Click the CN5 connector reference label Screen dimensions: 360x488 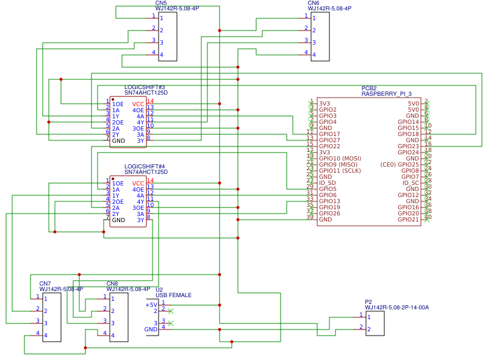[161, 3]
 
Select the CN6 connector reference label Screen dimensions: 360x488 [314, 3]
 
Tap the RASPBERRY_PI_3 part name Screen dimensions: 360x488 [386, 94]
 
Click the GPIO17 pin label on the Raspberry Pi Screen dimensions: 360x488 [329, 134]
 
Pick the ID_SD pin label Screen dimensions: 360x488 [328, 183]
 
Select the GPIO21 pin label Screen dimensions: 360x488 [408, 220]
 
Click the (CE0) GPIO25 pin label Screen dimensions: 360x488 [400, 165]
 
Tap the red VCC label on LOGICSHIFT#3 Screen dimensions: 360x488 [138, 104]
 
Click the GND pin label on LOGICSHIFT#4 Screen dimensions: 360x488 [118, 220]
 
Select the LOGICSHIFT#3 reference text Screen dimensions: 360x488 [145, 87]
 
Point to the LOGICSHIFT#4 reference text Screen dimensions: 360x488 [145, 167]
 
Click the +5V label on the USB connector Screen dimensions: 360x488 [151, 305]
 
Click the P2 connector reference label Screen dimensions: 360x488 [368, 302]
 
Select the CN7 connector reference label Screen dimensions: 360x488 [45, 284]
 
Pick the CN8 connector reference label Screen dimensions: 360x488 [112, 284]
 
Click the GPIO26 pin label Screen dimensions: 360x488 [329, 214]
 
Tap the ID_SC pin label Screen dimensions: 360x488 [411, 183]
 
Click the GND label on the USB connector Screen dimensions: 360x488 [151, 329]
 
